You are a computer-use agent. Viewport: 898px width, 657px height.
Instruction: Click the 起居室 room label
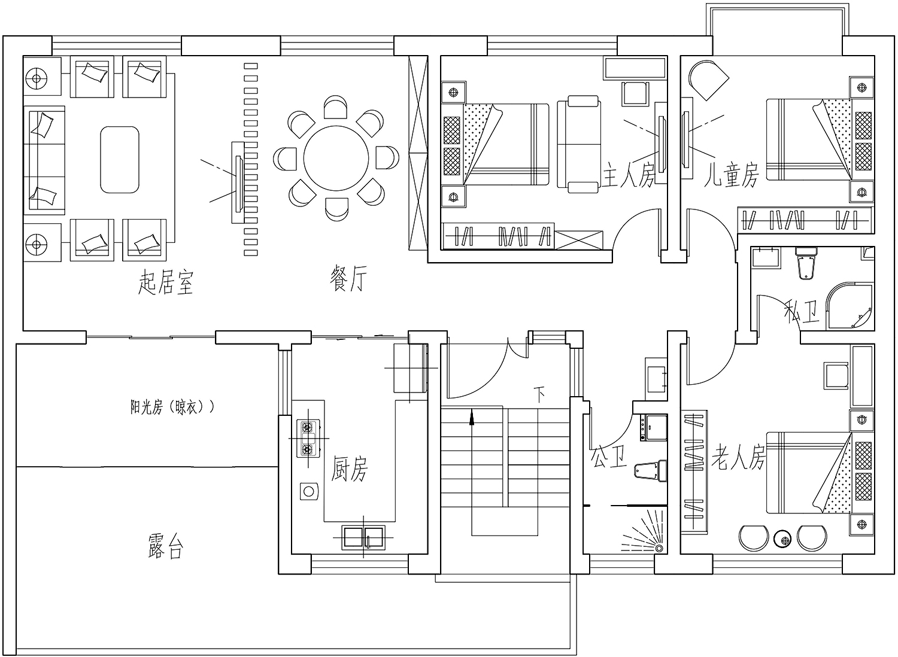pos(166,282)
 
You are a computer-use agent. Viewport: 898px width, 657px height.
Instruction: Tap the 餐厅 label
pos(348,279)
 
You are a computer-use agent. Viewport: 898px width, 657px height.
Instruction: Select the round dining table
pos(336,158)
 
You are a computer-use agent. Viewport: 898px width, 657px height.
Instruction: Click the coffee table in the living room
pos(120,159)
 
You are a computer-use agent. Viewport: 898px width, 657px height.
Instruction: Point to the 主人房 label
pos(628,175)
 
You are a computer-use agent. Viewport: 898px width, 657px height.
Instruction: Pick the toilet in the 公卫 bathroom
pos(650,471)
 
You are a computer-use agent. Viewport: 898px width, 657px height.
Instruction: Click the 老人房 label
pos(738,457)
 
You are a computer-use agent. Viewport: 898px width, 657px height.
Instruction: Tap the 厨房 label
pos(349,469)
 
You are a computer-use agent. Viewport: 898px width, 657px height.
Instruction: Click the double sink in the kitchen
pos(363,537)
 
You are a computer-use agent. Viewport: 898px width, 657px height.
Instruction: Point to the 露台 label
pos(165,546)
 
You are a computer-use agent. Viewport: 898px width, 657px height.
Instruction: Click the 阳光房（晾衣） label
pos(172,407)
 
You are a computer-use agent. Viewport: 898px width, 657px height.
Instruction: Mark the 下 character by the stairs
pos(539,394)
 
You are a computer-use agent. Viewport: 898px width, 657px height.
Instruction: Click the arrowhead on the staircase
pos(472,416)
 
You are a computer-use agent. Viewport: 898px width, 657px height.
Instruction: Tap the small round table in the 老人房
pos(782,540)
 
